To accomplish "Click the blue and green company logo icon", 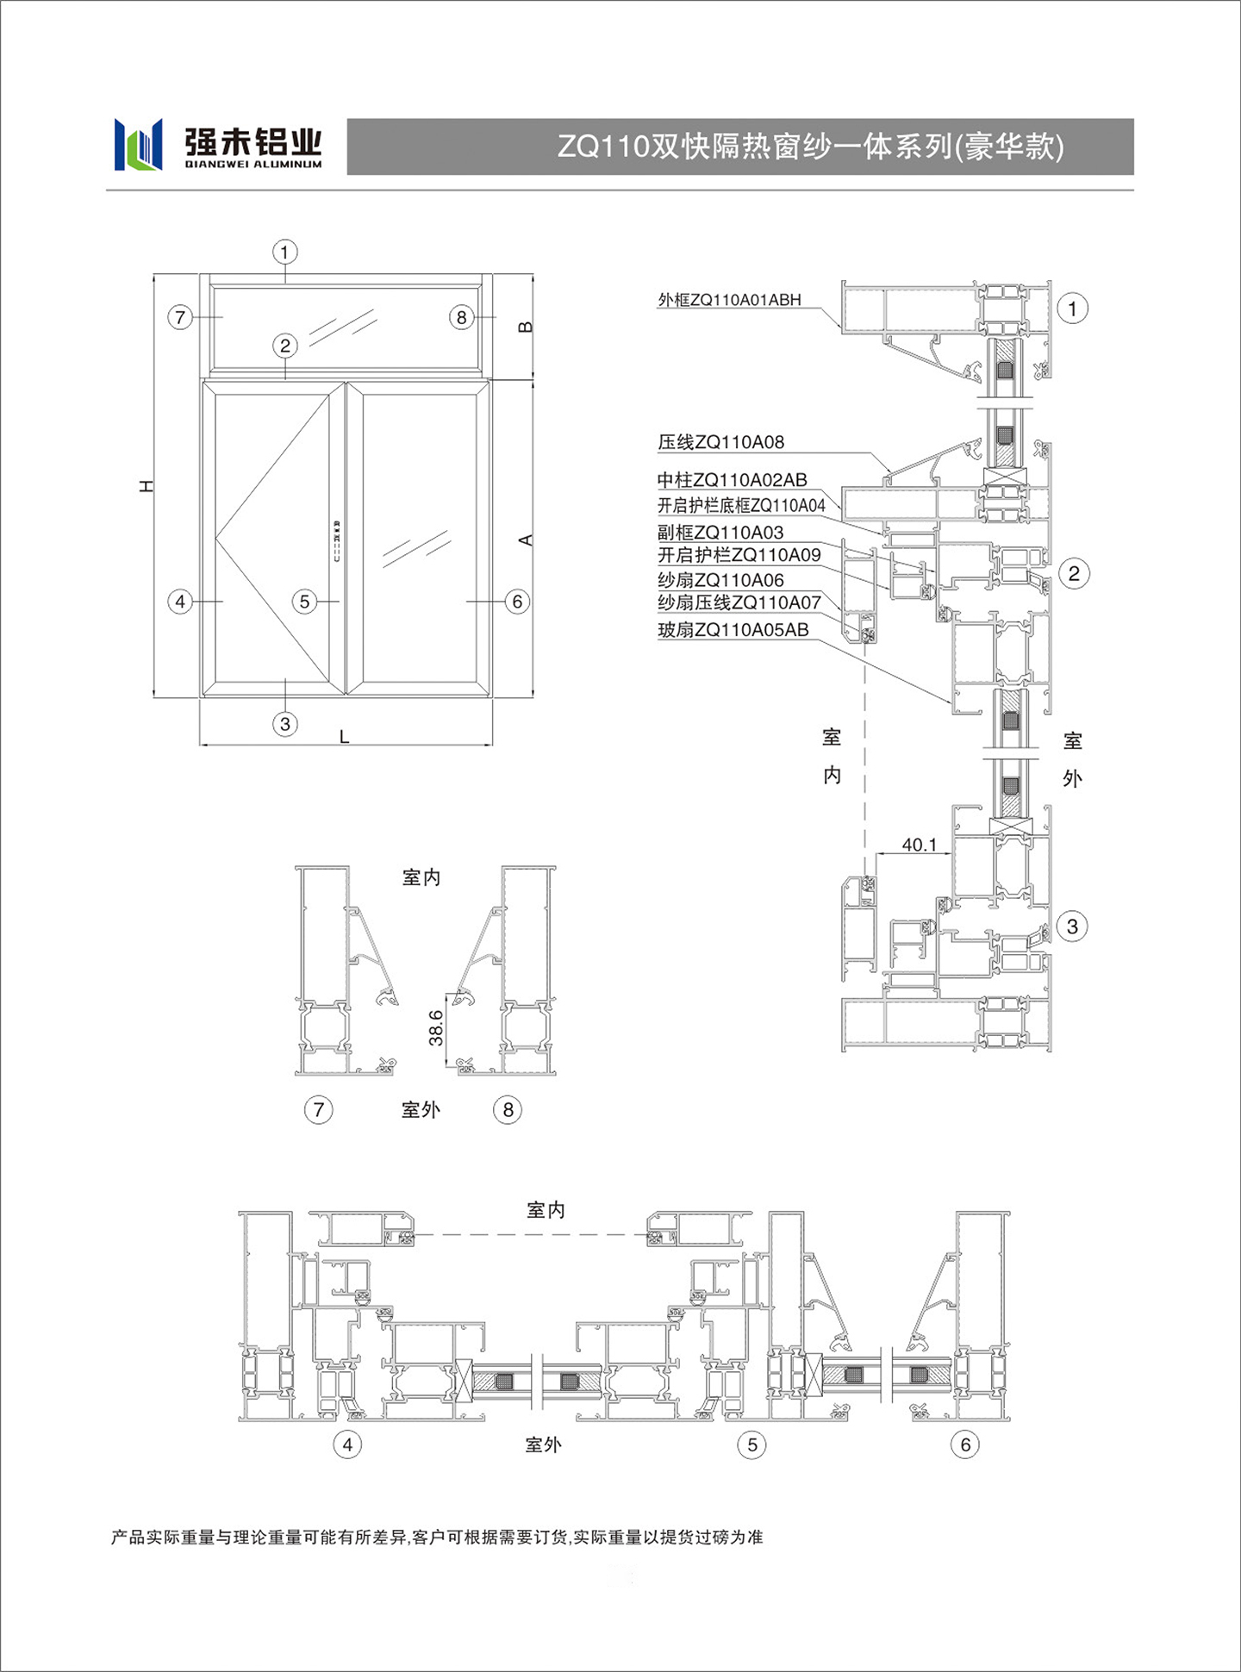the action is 138,144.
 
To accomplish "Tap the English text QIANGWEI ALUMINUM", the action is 253,164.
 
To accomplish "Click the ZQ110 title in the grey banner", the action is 810,147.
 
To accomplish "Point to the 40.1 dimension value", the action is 919,845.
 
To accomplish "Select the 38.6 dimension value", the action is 436,1028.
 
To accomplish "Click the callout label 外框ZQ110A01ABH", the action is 729,300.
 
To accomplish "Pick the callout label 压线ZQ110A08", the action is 721,442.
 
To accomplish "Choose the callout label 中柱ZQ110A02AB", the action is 733,480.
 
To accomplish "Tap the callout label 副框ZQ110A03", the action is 720,533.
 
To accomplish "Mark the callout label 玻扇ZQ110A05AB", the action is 733,630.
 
